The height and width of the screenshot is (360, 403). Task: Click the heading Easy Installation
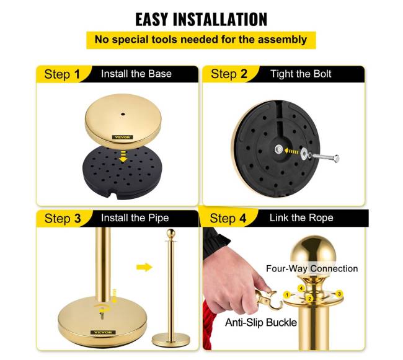point(201,19)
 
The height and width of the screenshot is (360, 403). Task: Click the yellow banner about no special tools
point(201,40)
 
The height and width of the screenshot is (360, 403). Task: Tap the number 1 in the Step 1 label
point(77,74)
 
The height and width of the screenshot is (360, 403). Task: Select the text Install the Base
point(136,74)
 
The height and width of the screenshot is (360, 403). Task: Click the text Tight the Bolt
point(301,74)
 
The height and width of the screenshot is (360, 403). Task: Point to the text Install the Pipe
point(135,218)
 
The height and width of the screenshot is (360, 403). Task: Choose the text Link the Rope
point(301,217)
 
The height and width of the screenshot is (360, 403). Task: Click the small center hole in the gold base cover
point(123,114)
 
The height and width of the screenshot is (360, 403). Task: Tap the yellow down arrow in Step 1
point(123,157)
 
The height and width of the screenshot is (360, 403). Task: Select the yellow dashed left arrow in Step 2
point(291,151)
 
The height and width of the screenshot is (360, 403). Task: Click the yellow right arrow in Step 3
point(144,267)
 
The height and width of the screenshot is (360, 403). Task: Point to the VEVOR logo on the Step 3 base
point(103,332)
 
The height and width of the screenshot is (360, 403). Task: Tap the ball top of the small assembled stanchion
point(170,233)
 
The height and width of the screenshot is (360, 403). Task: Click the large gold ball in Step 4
point(313,252)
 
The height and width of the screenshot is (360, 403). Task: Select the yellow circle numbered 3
point(339,294)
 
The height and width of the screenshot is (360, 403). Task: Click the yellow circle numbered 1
point(287,295)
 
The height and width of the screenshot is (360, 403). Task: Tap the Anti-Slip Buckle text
point(261,322)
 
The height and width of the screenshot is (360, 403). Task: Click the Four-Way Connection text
point(312,268)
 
